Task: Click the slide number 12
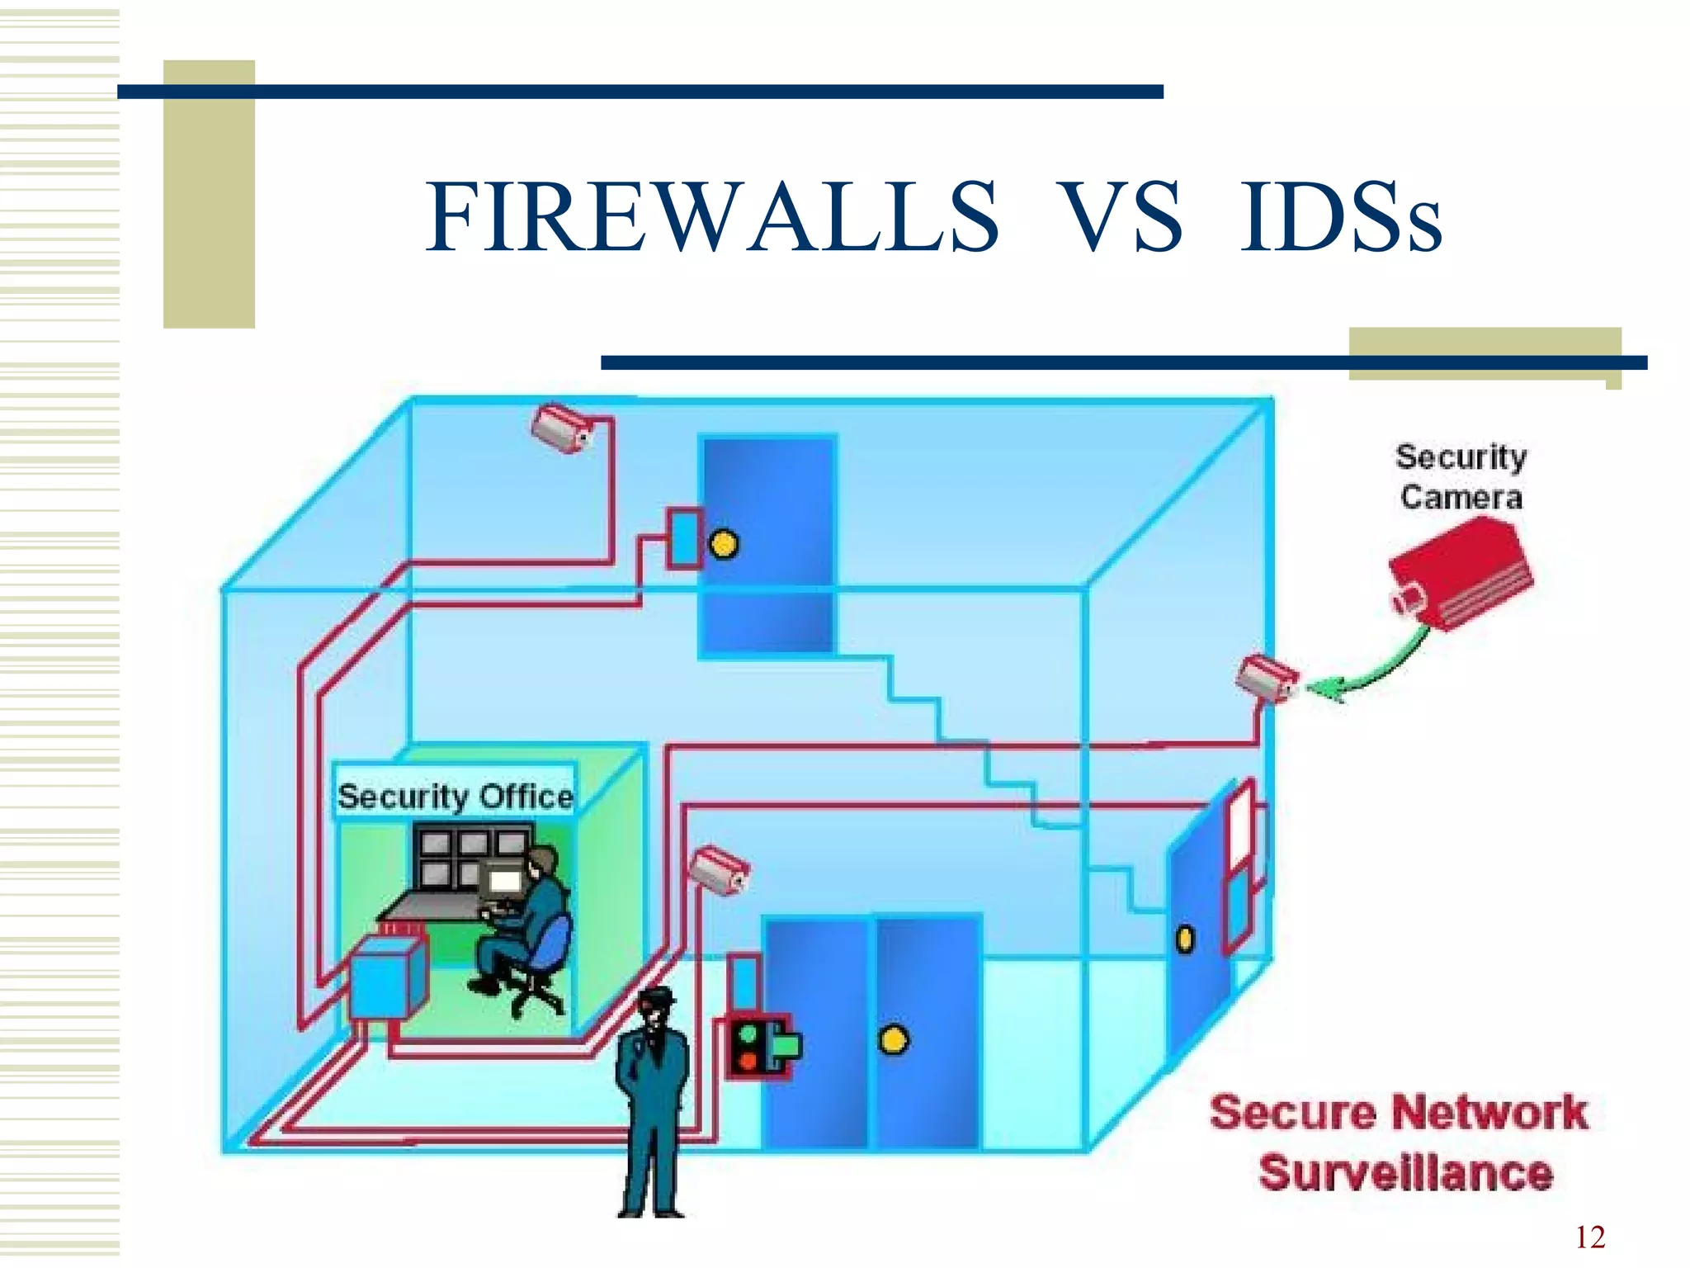[1590, 1237]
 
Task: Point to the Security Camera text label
[1461, 477]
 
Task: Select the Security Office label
[455, 796]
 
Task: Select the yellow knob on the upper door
[724, 545]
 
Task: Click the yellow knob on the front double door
[893, 1040]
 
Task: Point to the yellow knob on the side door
[1185, 939]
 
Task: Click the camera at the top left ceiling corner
[561, 427]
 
